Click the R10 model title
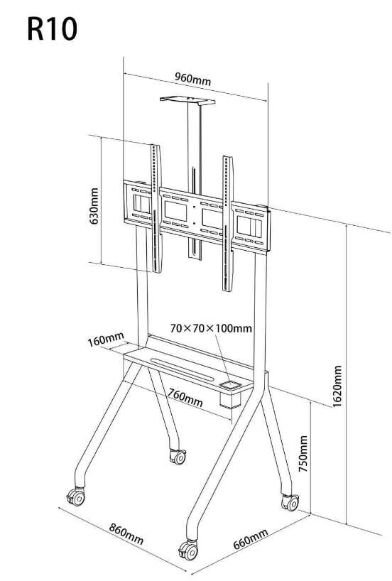coord(53,29)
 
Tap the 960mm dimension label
coord(192,79)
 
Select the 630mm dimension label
coord(94,206)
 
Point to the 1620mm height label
coord(337,386)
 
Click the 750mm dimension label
coord(303,454)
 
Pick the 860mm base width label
coord(126,533)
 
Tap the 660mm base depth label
coord(250,539)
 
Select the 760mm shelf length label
coord(185,397)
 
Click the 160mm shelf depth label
coord(106,339)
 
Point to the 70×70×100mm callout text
coord(211,328)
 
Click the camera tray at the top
coord(187,100)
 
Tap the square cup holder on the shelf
coord(231,386)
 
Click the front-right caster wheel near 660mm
coord(189,550)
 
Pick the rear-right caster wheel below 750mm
coord(290,502)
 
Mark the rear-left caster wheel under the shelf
coord(178,457)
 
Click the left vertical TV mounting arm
coord(156,209)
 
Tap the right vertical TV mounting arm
coord(227,224)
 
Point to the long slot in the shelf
coord(183,369)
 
